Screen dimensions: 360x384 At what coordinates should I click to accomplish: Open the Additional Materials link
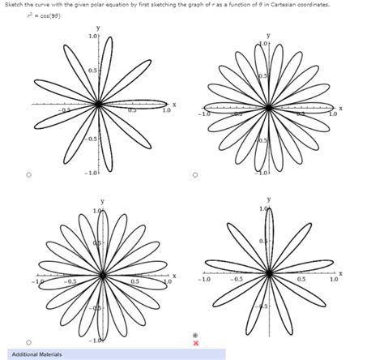[x=36, y=354]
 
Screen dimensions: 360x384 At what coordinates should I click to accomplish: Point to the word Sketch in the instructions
[x=10, y=5]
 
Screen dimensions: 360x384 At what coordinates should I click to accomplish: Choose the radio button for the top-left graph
[x=28, y=173]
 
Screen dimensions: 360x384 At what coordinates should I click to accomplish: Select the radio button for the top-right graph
[x=195, y=173]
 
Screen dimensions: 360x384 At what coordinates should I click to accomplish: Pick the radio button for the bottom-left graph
[x=28, y=341]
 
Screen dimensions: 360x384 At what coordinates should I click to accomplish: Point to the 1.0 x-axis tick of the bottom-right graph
[x=334, y=281]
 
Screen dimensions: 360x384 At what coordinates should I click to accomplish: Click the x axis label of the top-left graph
[x=173, y=104]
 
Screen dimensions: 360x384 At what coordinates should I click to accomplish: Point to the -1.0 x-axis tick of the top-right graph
[x=206, y=114]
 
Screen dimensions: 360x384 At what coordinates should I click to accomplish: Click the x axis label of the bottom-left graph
[x=173, y=275]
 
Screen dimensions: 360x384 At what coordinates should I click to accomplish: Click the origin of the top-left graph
[x=98, y=104]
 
